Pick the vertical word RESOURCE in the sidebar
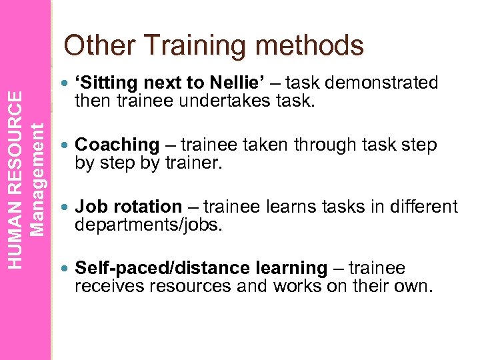click(x=20, y=139)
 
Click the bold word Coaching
click(x=117, y=145)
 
